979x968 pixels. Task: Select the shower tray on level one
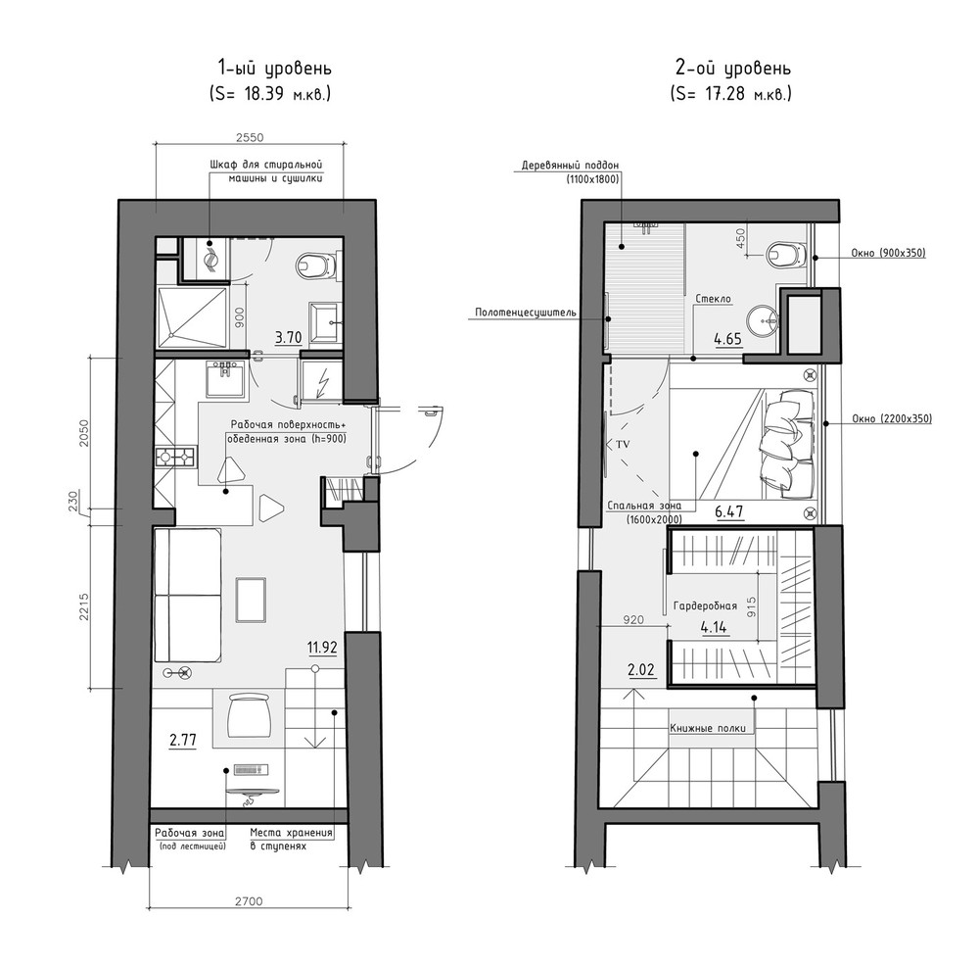[192, 316]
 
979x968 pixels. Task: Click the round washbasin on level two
[761, 320]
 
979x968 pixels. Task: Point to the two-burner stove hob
[176, 457]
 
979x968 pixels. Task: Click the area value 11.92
[322, 648]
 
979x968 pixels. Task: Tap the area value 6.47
[728, 511]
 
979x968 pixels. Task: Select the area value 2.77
[182, 741]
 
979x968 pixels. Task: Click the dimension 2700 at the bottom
[249, 901]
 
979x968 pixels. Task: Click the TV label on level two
[623, 444]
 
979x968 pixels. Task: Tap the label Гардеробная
[705, 605]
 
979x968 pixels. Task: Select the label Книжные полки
[708, 729]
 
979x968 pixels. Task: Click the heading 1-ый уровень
[274, 68]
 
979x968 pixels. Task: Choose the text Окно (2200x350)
[892, 418]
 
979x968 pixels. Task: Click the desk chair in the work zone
[249, 716]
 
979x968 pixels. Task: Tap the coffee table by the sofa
[251, 600]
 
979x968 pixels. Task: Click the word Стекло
[713, 299]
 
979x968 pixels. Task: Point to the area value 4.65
[727, 339]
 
